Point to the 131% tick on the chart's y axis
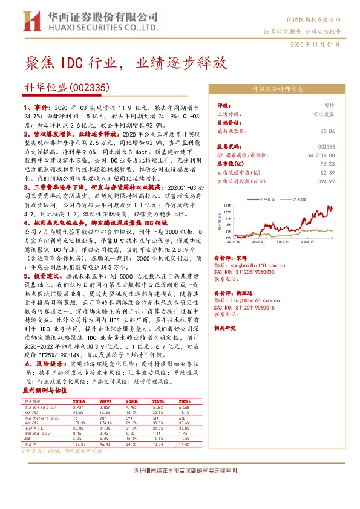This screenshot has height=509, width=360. (227, 206)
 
